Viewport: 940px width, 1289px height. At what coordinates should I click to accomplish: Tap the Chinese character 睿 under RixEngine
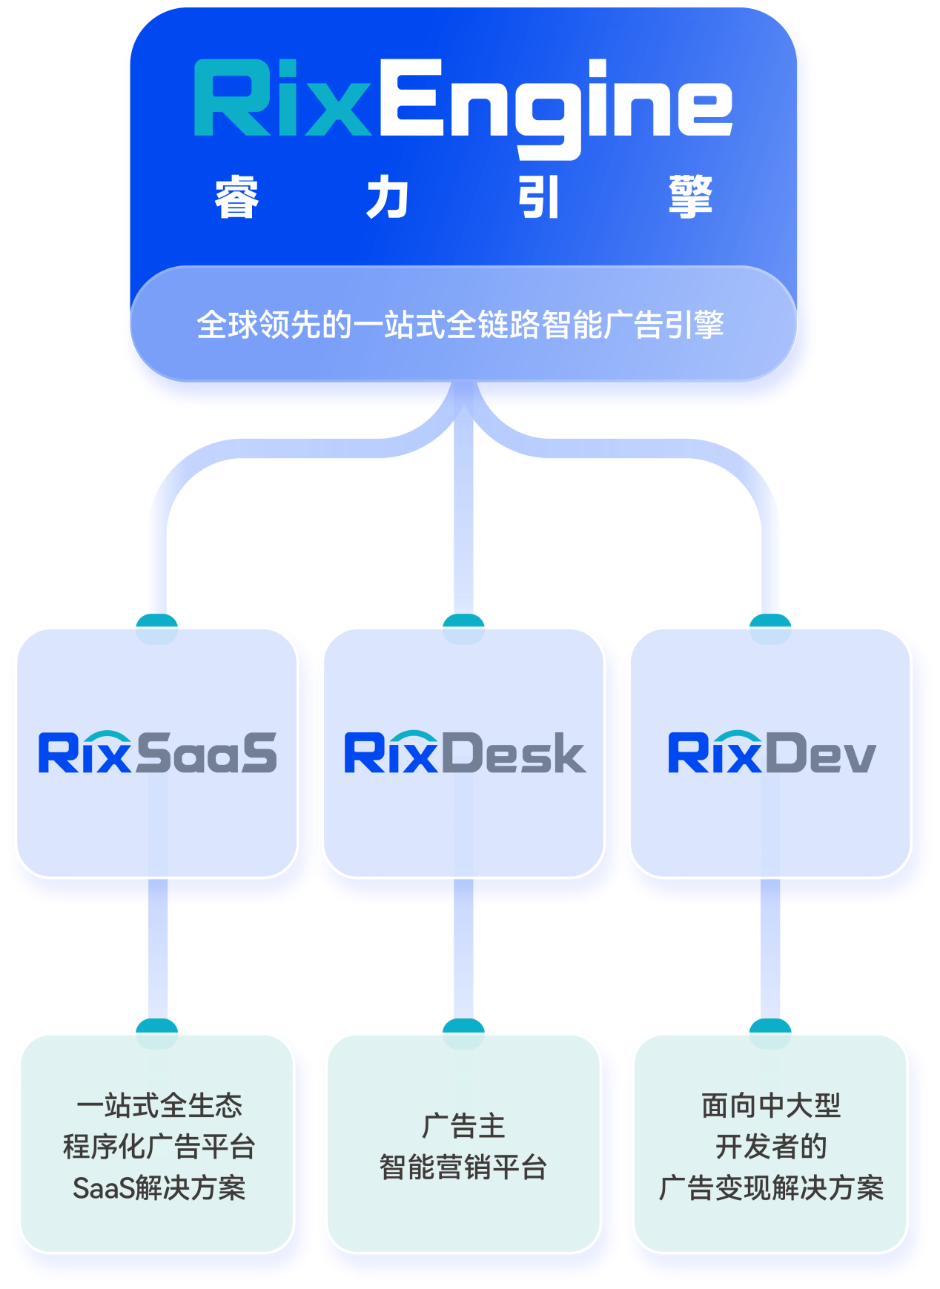[236, 197]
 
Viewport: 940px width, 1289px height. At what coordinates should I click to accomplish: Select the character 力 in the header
[388, 197]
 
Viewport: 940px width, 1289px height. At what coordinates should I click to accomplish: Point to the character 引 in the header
[539, 197]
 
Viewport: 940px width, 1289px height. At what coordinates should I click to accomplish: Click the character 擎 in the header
[690, 197]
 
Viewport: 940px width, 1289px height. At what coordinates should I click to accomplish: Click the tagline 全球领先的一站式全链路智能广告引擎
[460, 325]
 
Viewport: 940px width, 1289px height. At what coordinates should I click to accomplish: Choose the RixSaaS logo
[157, 753]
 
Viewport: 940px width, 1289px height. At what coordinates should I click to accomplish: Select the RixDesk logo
[465, 753]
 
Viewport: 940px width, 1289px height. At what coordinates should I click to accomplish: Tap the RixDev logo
[772, 753]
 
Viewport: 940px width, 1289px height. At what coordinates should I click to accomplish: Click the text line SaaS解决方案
[159, 1188]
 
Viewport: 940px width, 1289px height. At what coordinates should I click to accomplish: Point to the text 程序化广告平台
[159, 1147]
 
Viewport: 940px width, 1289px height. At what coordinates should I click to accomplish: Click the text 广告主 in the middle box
[463, 1126]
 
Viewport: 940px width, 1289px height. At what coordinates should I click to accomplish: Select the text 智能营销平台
[463, 1167]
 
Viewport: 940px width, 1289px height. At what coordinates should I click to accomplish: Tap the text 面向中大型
[771, 1105]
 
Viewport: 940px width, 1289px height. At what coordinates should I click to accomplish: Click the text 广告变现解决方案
[771, 1188]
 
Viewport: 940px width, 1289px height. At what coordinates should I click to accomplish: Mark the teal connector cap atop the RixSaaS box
[157, 620]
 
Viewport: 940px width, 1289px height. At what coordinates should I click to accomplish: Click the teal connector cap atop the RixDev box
[770, 620]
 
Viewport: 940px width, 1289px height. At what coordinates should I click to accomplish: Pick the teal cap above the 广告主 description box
[463, 1026]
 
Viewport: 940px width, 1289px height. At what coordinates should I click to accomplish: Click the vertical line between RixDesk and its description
[463, 949]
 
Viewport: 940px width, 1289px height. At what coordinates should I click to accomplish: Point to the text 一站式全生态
[159, 1105]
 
